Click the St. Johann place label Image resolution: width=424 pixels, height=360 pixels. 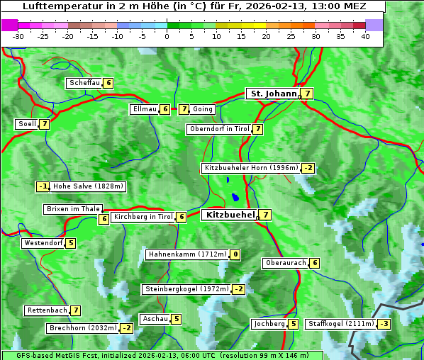(272, 94)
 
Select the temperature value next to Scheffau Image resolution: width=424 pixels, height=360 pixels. (108, 83)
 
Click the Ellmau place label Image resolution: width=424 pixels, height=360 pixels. (144, 109)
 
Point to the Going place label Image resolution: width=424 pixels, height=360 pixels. (203, 109)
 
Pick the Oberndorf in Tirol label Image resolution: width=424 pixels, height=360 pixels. (219, 129)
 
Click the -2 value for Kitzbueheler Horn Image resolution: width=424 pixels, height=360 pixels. (308, 168)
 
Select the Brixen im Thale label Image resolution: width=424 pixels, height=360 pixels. (73, 209)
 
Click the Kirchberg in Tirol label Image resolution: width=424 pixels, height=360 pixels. (143, 217)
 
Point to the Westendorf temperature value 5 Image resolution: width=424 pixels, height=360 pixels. (71, 243)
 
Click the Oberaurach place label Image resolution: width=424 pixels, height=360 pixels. (285, 263)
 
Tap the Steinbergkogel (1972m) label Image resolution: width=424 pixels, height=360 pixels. (187, 289)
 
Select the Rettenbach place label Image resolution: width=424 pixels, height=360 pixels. (48, 310)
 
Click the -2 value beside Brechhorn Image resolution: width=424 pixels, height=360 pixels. (126, 328)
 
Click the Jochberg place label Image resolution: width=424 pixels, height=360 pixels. (269, 324)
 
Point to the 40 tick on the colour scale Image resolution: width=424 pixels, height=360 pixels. (365, 36)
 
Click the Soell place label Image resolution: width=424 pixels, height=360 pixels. (27, 124)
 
